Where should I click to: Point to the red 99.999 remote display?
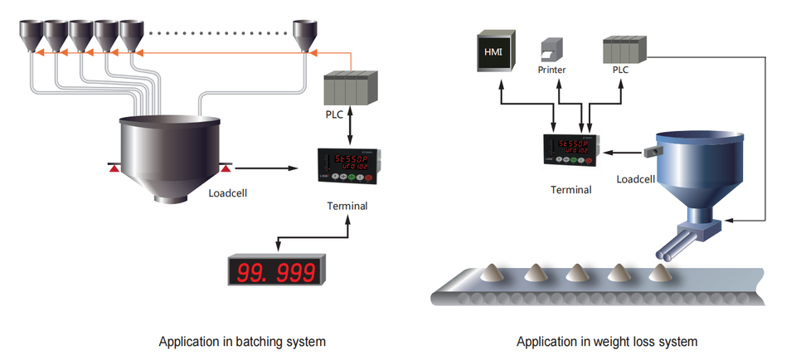(x=277, y=270)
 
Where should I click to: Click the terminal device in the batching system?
(x=343, y=165)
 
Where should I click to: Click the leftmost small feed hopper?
(x=32, y=34)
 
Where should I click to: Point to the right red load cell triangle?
(x=226, y=169)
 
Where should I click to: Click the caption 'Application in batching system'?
(x=241, y=341)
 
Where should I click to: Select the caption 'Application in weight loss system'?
(x=607, y=341)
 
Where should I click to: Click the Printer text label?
(x=551, y=71)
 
